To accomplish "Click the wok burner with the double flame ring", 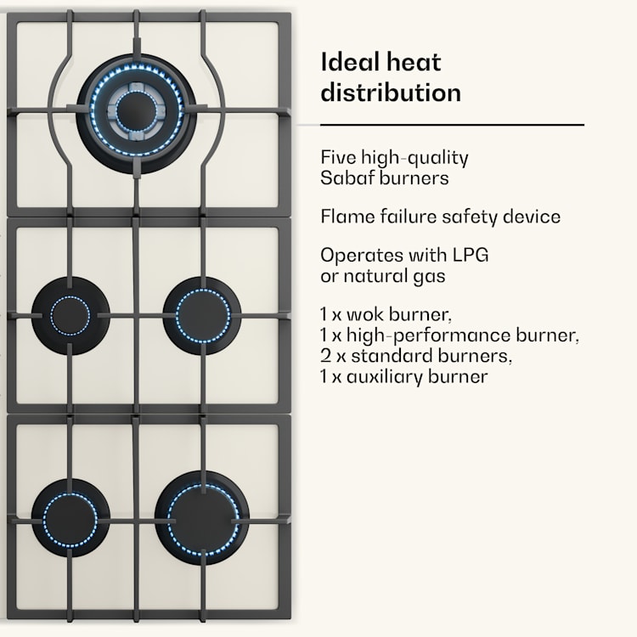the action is pyautogui.click(x=136, y=114).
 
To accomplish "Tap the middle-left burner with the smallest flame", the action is pyautogui.click(x=70, y=316).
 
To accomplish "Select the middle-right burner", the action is pyautogui.click(x=202, y=316).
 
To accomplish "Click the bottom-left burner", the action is pyautogui.click(x=70, y=518).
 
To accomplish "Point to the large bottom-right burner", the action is pyautogui.click(x=202, y=518).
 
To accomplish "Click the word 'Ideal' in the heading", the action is pyautogui.click(x=349, y=62).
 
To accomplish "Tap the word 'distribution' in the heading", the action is pyautogui.click(x=391, y=93).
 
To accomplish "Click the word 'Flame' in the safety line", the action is pyautogui.click(x=347, y=216).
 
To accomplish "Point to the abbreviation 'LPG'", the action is pyautogui.click(x=471, y=255).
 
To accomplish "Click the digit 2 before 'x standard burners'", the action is pyautogui.click(x=325, y=356).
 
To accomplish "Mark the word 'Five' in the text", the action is pyautogui.click(x=338, y=158).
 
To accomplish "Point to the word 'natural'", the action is pyautogui.click(x=375, y=276).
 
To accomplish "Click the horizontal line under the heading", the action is pyautogui.click(x=452, y=125).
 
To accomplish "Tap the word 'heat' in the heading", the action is pyautogui.click(x=413, y=62).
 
